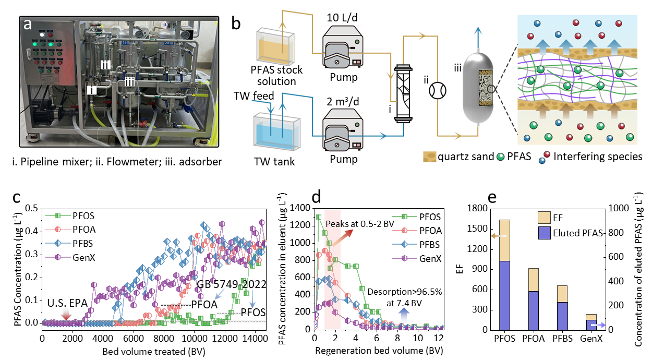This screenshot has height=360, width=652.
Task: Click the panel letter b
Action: [236, 23]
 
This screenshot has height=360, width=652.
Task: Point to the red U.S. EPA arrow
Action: [66, 314]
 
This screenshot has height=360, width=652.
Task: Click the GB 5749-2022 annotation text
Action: [231, 284]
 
